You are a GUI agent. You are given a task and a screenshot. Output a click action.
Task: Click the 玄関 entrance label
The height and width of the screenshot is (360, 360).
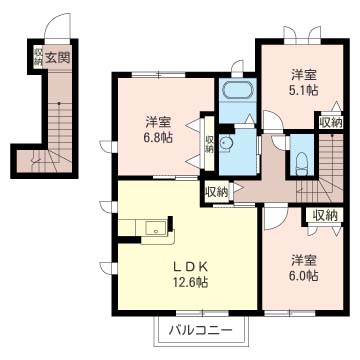pos(57,58)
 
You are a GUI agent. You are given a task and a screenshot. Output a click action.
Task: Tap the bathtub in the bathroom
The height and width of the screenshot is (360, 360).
pos(238,90)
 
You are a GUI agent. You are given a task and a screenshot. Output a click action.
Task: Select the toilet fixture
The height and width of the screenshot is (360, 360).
pos(302,163)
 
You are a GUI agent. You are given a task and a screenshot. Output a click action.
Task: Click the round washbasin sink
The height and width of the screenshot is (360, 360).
pos(225,144)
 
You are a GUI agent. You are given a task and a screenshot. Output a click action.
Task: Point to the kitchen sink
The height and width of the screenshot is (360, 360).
pos(156,228)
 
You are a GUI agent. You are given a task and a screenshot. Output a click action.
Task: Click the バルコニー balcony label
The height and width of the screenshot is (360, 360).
pos(200,331)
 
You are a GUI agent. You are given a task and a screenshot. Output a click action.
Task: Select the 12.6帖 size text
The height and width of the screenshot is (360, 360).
pos(190,283)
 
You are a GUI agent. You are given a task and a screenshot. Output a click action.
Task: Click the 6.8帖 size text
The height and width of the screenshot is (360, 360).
pos(159,137)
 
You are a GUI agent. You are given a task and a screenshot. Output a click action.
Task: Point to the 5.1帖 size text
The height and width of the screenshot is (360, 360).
pos(304,89)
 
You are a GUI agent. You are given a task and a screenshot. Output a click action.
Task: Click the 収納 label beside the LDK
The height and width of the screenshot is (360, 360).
pos(217,192)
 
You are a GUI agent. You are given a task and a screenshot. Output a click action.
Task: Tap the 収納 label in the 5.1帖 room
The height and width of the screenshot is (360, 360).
pos(330,123)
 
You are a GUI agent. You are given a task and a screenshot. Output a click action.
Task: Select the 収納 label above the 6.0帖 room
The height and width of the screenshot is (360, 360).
pos(325,216)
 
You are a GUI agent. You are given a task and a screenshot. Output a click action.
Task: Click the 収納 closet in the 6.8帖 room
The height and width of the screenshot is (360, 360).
pos(209,144)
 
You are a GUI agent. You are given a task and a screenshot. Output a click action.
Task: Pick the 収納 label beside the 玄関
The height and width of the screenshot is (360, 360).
pos(37,57)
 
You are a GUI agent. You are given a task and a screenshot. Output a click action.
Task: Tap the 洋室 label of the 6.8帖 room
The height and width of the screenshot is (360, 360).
pos(159,122)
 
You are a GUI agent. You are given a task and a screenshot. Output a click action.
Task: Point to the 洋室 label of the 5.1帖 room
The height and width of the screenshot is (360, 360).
pos(304,75)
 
